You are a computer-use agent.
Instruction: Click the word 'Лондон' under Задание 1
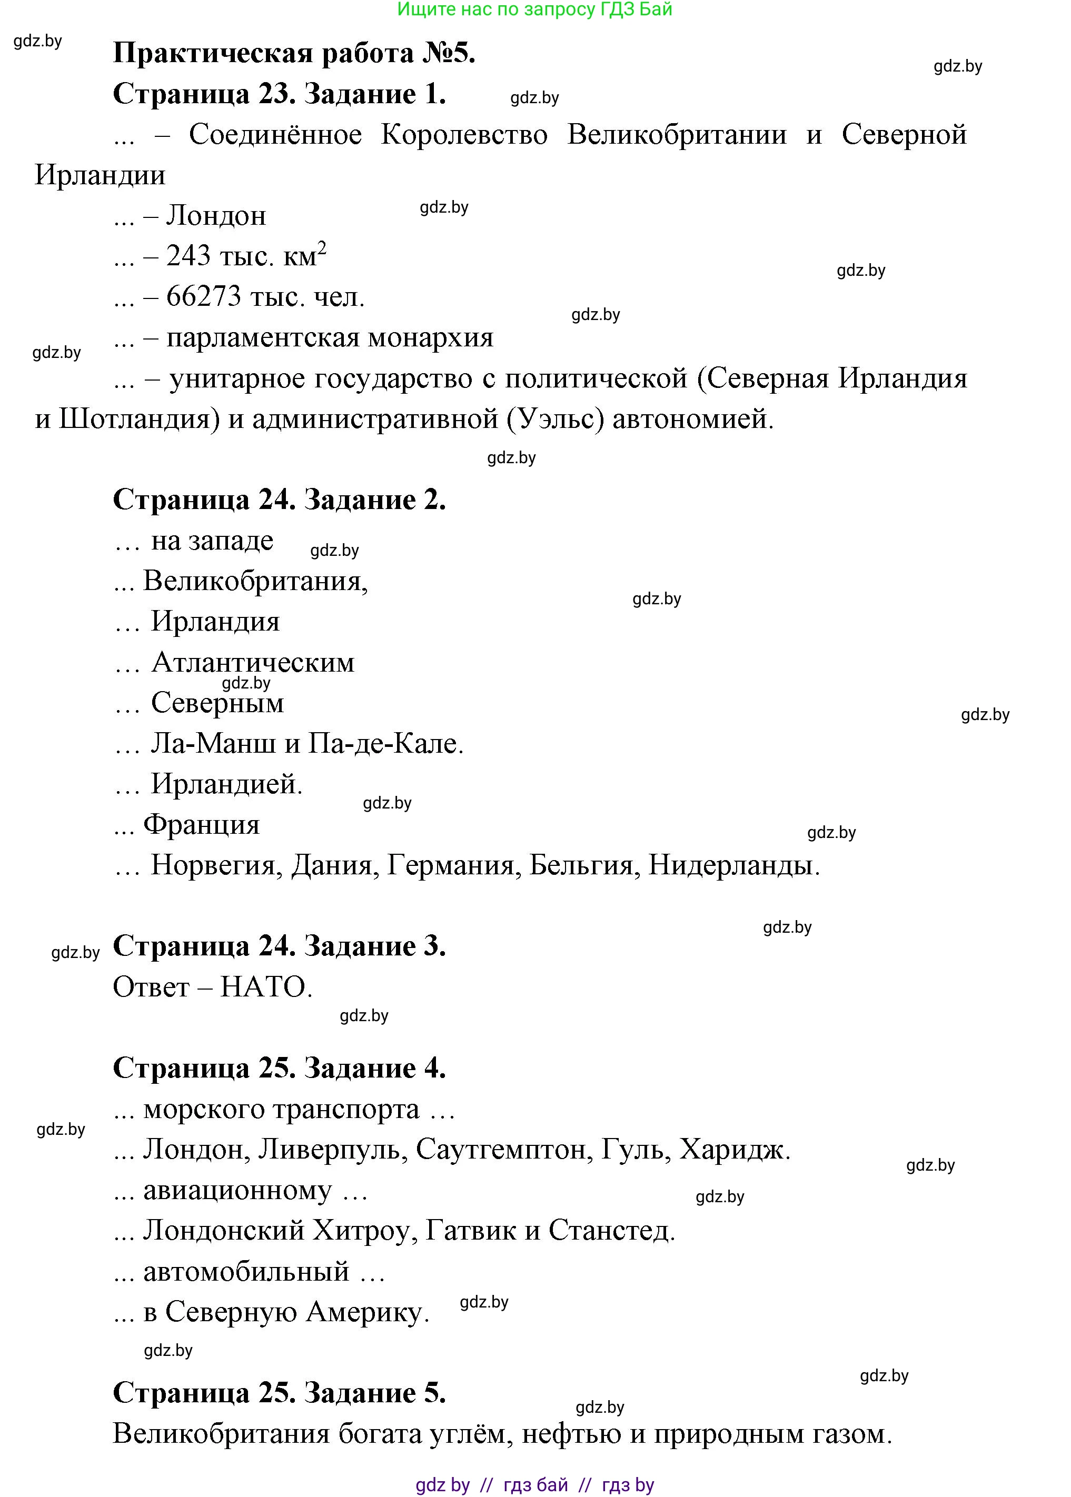pyautogui.click(x=216, y=216)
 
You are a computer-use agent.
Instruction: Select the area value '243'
pyautogui.click(x=189, y=256)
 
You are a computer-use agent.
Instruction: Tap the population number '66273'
pyautogui.click(x=204, y=297)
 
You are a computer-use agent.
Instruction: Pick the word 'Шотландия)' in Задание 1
pyautogui.click(x=139, y=419)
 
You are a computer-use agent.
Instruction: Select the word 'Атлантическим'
pyautogui.click(x=253, y=663)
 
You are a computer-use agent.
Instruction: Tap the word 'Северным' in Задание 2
pyautogui.click(x=217, y=703)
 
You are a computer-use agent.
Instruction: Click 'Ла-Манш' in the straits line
pyautogui.click(x=214, y=744)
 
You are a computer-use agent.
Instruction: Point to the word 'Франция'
pyautogui.click(x=202, y=825)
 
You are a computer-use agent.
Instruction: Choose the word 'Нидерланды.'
pyautogui.click(x=734, y=865)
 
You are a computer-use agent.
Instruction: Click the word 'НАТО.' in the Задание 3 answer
pyautogui.click(x=266, y=987)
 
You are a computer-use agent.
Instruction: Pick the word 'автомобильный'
pyautogui.click(x=246, y=1272)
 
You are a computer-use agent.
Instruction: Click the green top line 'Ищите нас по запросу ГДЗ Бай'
pyautogui.click(x=535, y=9)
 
